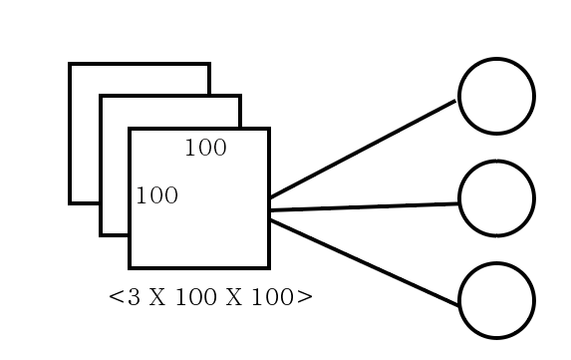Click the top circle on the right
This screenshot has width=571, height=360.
coord(496,97)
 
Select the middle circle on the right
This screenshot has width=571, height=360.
coord(496,198)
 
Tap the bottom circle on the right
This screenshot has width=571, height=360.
coord(496,300)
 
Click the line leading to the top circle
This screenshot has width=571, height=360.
coord(364,148)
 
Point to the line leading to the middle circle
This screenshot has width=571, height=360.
coord(364,206)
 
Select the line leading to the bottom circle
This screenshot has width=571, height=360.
coord(364,261)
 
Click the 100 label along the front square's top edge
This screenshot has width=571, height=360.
coord(205,149)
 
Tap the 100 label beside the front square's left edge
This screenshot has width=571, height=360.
coord(156,195)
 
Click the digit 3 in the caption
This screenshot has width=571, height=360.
coord(135,297)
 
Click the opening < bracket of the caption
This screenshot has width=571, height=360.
coord(116,297)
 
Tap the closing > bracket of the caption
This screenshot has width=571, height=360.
coord(306,297)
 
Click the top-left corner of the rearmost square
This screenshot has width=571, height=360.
coord(70,65)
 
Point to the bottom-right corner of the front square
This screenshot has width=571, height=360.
coord(268,267)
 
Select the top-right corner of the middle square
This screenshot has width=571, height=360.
coord(239,97)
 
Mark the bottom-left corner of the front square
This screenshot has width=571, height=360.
coord(131,267)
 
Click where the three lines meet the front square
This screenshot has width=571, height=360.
coord(269,208)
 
